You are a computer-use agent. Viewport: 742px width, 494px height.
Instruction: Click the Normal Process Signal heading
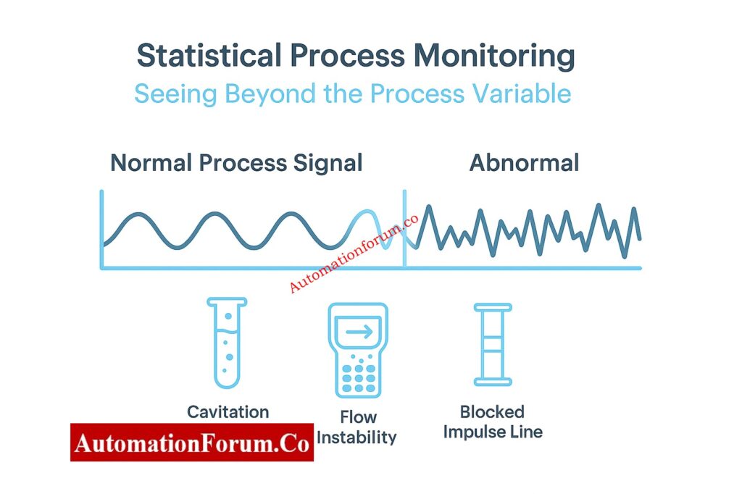coord(236,162)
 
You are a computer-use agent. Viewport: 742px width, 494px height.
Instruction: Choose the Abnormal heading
coord(524,162)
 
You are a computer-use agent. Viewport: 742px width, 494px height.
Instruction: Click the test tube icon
coord(226,343)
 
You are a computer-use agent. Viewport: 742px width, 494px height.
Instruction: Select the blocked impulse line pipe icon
coord(493,344)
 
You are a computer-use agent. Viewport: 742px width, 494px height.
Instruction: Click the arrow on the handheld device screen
coord(359,332)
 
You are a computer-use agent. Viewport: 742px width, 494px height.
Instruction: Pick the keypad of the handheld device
coord(359,373)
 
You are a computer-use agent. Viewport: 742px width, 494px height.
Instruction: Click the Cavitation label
coord(228,412)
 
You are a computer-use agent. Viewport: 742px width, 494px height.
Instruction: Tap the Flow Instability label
coord(358,427)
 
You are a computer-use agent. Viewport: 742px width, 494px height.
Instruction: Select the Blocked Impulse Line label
coord(492,422)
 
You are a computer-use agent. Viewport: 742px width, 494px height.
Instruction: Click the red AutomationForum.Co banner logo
coord(191,442)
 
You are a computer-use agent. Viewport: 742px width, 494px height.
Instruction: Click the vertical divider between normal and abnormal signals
coord(404,228)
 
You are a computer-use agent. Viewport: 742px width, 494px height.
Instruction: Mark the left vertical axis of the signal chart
coord(101,228)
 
